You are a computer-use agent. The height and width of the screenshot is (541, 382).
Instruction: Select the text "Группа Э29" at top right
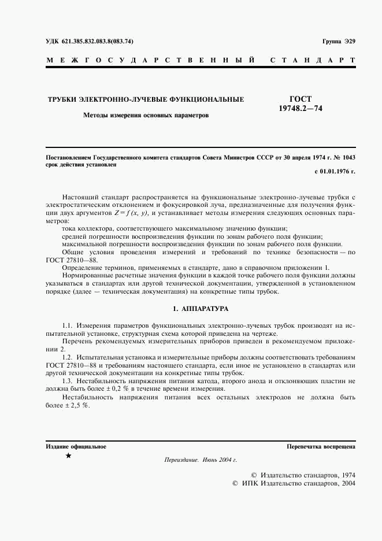pyautogui.click(x=339, y=42)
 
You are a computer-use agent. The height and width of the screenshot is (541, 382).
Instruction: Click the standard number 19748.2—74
pyautogui.click(x=300, y=109)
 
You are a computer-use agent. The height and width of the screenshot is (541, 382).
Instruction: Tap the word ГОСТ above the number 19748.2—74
pyautogui.click(x=300, y=99)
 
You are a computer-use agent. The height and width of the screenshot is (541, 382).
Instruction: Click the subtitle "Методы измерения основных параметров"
pyautogui.click(x=146, y=115)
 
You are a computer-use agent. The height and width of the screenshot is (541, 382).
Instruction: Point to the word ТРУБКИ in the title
pyautogui.click(x=62, y=99)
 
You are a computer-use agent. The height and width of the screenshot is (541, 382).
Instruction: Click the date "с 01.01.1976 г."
pyautogui.click(x=335, y=172)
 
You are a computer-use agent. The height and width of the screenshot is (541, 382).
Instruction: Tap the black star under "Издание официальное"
pyautogui.click(x=68, y=456)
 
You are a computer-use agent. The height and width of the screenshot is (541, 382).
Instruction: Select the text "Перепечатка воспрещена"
pyautogui.click(x=321, y=446)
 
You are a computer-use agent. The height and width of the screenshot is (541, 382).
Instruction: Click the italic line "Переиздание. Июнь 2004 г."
pyautogui.click(x=201, y=460)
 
